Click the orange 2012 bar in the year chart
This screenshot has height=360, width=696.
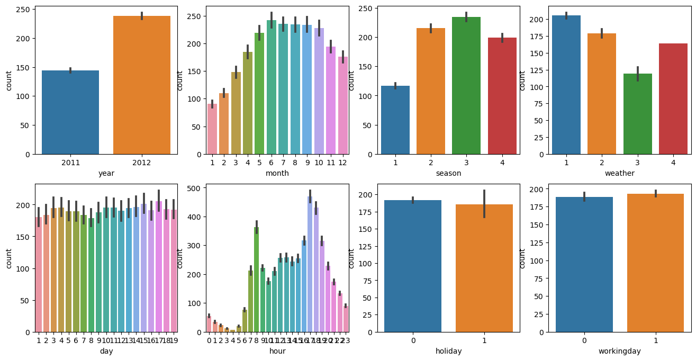142,85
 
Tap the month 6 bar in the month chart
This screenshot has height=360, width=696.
271,87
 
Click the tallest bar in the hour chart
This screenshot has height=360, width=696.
310,264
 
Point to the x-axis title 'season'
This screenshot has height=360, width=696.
448,173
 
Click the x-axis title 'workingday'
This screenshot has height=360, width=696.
620,351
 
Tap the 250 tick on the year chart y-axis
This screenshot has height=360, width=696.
25,10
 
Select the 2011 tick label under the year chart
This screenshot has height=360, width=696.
70,162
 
